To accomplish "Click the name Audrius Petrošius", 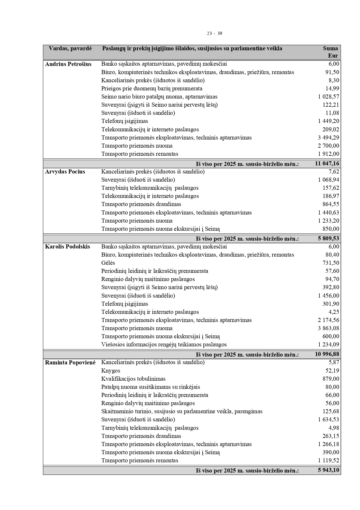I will point(68,64).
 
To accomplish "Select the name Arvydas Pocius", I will point(65,172).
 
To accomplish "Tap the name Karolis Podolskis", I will point(68,247).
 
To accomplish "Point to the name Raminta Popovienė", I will point(70,363).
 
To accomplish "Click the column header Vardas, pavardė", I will point(70,49).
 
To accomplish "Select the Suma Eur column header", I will point(331,52).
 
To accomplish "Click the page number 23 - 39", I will point(215,33).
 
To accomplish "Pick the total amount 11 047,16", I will point(327,164).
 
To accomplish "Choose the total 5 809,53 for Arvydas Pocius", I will point(328,239).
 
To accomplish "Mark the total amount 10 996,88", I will point(327,354).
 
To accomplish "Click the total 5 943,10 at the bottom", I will point(328,470).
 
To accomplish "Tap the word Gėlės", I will point(108,263).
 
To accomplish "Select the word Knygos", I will point(111,371).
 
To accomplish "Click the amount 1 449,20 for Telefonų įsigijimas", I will point(328,121).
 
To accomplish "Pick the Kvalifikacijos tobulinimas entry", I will point(133,379).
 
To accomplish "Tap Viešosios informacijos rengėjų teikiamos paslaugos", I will point(164,345).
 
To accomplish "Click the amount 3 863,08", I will point(328,328).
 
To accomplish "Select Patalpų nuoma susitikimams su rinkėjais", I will point(150,387).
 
